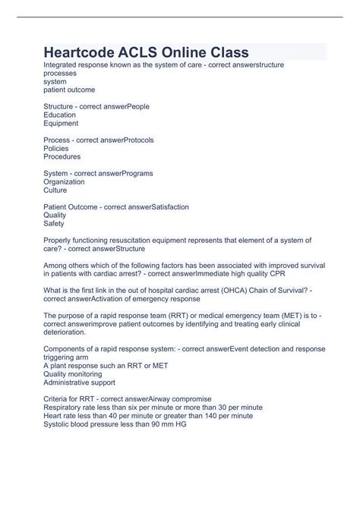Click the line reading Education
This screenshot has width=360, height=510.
coord(61,115)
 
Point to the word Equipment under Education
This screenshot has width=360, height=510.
coord(62,123)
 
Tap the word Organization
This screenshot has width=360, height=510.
coord(66,182)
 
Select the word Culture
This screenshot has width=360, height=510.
coord(57,190)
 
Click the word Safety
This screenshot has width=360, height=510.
coord(55,224)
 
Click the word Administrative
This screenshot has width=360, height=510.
coord(71,381)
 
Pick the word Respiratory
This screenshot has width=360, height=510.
coord(65,407)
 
